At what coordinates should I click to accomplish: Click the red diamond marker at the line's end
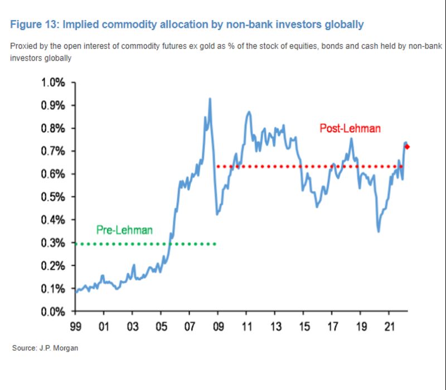(x=407, y=147)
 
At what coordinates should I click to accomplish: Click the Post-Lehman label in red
(x=350, y=129)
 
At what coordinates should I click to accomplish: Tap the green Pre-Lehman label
(x=124, y=230)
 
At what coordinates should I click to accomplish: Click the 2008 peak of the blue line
(x=210, y=99)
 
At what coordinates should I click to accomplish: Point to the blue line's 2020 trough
(x=379, y=231)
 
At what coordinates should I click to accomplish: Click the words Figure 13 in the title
(x=35, y=25)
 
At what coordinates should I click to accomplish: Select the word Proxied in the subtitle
(x=23, y=45)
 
